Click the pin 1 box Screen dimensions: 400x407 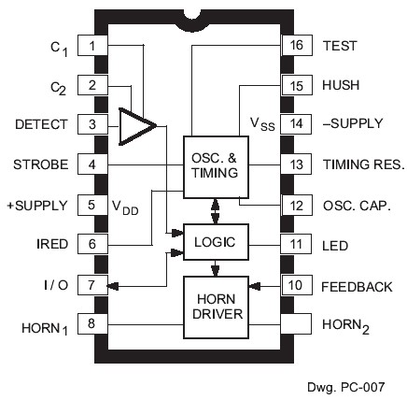[x=90, y=45]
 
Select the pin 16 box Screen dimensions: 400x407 [x=295, y=45]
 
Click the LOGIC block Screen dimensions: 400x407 [x=216, y=242]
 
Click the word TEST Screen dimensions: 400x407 [x=339, y=45]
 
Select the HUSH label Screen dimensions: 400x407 [x=340, y=85]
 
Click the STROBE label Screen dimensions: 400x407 [x=41, y=165]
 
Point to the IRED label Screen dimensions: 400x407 [x=52, y=244]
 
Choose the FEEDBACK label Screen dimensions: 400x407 [x=356, y=285]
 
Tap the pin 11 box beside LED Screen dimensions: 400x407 [x=295, y=245]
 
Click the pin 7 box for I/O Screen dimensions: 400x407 [x=90, y=285]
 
